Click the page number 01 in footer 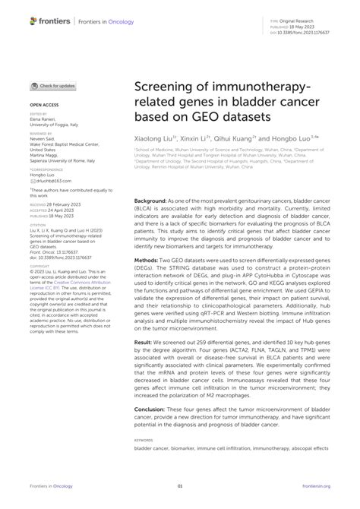coord(180,486)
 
